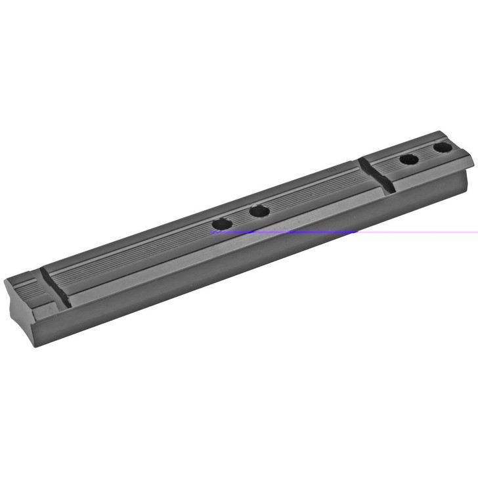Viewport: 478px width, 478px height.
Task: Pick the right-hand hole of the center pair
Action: point(259,211)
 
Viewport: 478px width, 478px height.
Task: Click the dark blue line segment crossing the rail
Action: point(282,232)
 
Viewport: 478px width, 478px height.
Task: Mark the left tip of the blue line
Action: point(211,232)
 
